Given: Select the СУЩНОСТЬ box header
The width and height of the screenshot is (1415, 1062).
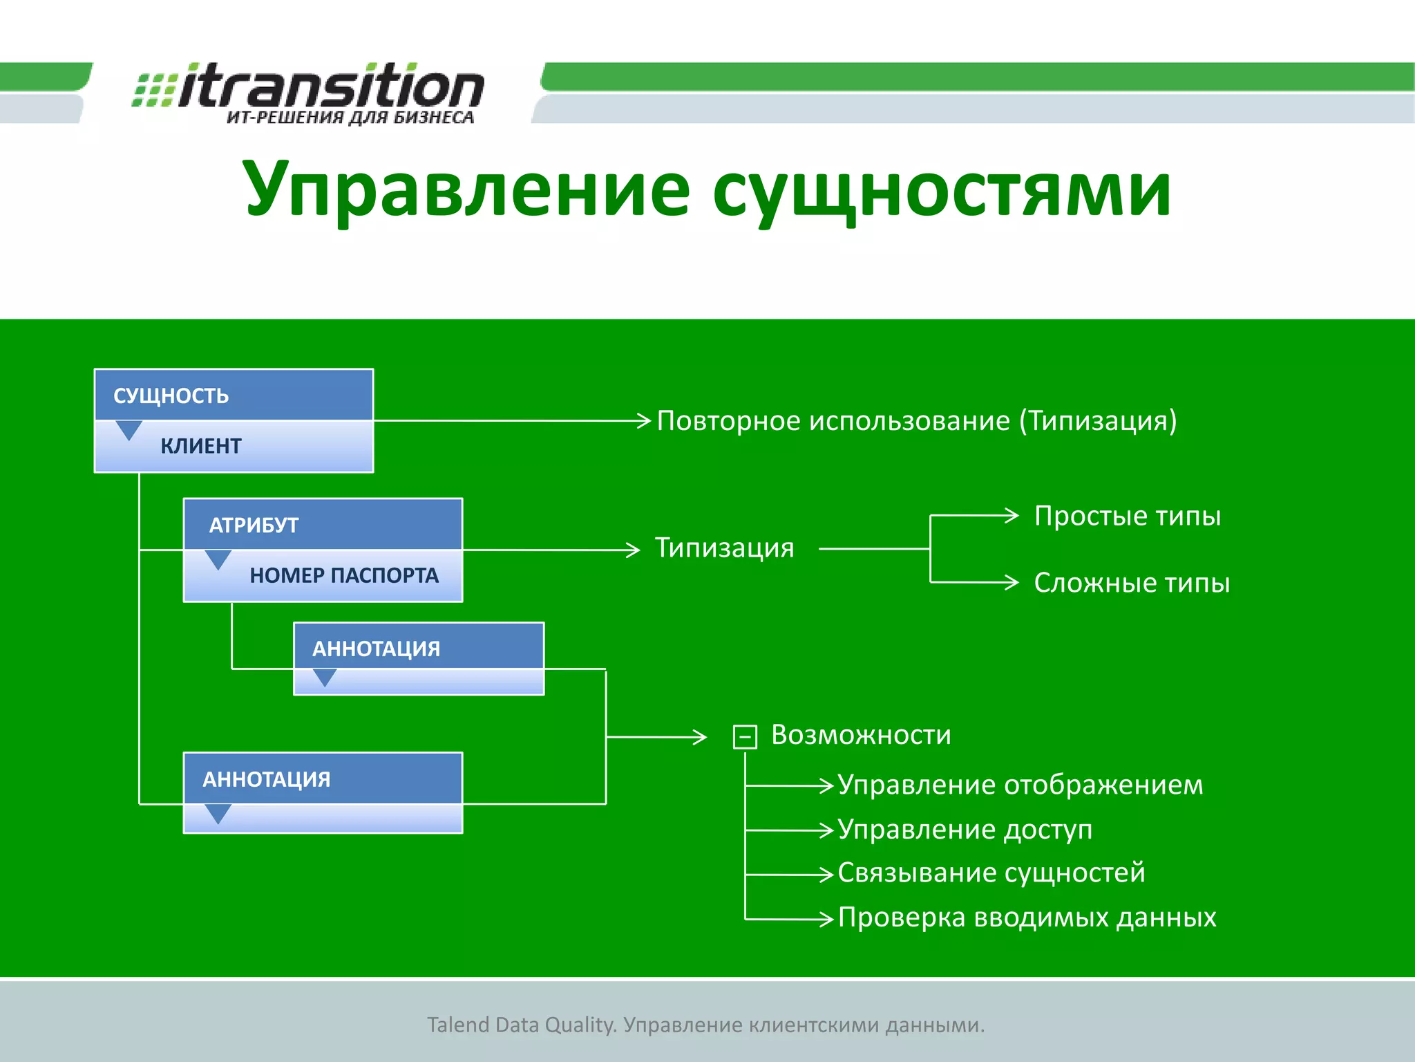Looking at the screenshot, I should (234, 395).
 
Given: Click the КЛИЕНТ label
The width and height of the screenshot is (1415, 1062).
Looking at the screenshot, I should (201, 446).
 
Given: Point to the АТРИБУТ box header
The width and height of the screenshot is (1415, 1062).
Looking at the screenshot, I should (323, 525).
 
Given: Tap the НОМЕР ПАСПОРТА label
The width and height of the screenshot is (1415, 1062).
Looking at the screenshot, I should (344, 575).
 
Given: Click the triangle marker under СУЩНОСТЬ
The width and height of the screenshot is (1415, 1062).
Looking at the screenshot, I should (129, 429).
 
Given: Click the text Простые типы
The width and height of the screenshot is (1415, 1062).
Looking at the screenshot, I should (1128, 516).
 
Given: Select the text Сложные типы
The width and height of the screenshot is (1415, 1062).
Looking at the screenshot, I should (1132, 583).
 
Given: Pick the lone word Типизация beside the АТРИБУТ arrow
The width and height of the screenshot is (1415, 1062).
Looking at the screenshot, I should (724, 548).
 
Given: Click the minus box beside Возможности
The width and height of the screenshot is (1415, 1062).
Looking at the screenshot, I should (745, 737).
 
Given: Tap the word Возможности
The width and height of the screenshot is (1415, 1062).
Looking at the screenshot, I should (861, 734).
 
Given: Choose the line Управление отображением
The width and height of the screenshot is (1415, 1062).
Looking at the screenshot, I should (1020, 785).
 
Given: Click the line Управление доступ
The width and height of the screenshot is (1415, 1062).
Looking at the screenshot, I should (965, 829).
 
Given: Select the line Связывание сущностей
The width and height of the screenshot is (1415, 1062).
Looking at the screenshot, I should (991, 873).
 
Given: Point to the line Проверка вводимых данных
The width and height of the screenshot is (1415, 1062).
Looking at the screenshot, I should (1027, 917).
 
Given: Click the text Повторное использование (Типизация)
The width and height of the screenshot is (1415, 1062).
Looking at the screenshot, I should (916, 420).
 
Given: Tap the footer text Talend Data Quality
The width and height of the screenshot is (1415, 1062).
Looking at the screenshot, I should (521, 1025).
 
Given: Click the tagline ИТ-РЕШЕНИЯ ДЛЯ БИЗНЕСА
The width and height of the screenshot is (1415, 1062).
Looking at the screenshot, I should (350, 118).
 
